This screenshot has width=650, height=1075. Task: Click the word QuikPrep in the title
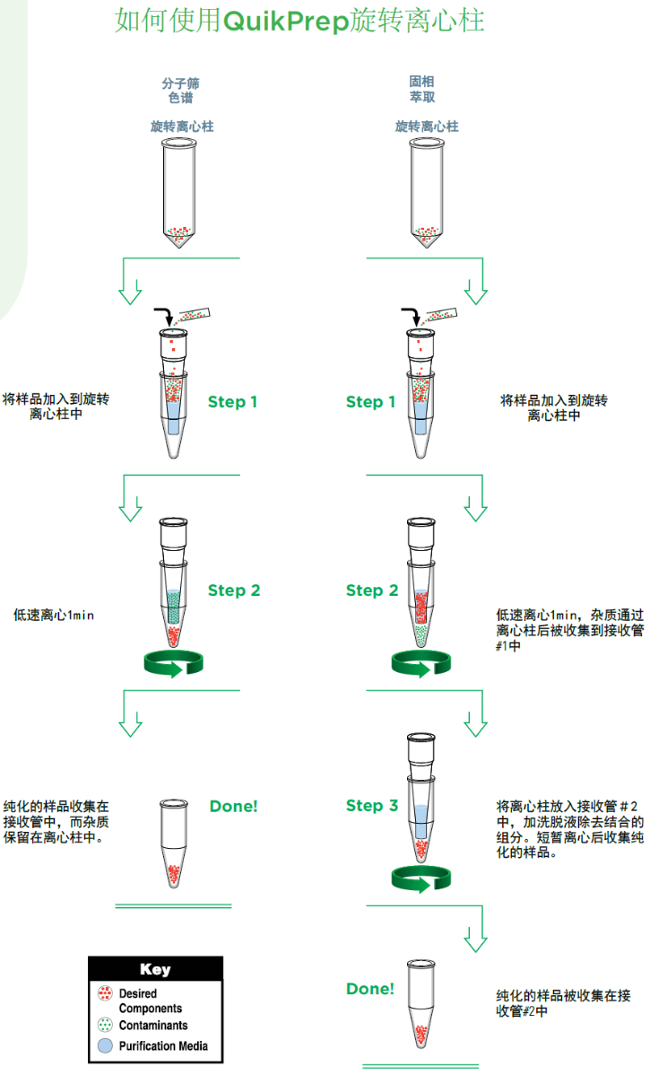[x=285, y=21]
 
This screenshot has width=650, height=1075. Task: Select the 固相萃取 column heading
[x=422, y=90]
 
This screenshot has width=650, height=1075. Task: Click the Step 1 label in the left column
[x=232, y=402]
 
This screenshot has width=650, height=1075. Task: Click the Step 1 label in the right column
[x=370, y=402]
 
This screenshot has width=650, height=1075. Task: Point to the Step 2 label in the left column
[x=234, y=590]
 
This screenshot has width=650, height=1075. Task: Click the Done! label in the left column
[x=233, y=806]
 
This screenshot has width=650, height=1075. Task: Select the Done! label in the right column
[x=370, y=989]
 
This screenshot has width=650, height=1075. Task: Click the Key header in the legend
[x=155, y=969]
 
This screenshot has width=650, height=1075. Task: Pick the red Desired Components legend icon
[x=105, y=994]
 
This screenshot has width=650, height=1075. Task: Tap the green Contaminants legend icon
[x=105, y=1025]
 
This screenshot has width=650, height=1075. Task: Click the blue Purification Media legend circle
[x=105, y=1046]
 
